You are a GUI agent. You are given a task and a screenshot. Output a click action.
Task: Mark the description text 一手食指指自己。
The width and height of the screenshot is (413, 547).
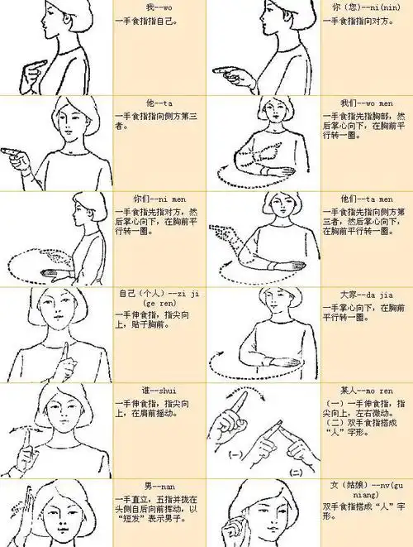point(145,20)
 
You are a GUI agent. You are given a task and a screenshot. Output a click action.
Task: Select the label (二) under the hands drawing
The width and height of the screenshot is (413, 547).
point(296,469)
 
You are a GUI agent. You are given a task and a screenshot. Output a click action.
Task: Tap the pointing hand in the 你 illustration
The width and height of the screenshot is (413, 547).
point(228,72)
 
